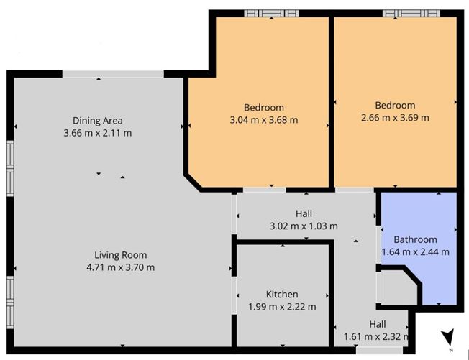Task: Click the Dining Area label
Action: pos(97,120)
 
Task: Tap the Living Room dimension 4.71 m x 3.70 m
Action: pos(120,267)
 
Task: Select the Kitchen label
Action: pos(281,294)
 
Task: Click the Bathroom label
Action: pos(415,239)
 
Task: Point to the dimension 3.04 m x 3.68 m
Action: pos(263,120)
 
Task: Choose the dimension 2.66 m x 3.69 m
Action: pos(394,117)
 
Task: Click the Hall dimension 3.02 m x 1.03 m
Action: pos(303,226)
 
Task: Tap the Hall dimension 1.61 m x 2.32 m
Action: pos(378,336)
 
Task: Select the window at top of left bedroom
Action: pos(271,13)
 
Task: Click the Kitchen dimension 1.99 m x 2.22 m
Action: pos(281,307)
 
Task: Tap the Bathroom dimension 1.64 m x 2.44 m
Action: pos(421,251)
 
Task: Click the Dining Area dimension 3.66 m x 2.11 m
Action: pos(97,132)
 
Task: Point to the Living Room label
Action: pos(120,254)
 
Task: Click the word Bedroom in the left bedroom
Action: pos(263,108)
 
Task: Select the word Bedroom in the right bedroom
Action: pos(394,105)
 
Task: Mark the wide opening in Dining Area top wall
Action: pos(113,73)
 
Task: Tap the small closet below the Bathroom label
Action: pos(394,286)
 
